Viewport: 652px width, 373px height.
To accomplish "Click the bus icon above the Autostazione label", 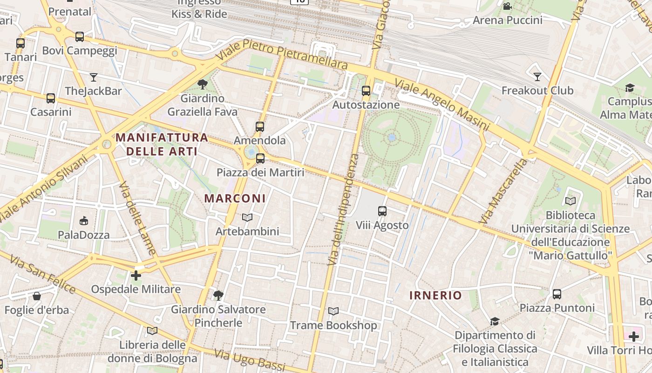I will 366,91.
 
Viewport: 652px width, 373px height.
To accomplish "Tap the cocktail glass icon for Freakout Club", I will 537,76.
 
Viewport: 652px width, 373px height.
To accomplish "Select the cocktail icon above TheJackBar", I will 94,77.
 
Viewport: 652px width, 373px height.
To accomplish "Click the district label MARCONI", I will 235,198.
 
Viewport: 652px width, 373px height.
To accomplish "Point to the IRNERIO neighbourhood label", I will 435,295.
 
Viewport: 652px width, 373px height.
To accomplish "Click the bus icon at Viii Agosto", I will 382,211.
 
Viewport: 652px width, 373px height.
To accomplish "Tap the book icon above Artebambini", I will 247,218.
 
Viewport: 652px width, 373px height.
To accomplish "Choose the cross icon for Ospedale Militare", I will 136,276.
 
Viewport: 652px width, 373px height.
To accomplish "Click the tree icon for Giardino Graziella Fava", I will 202,84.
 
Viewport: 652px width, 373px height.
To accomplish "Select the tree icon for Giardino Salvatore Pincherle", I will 217,295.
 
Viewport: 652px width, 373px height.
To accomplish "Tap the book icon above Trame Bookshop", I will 333,311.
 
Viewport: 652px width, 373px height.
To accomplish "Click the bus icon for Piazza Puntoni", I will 557,294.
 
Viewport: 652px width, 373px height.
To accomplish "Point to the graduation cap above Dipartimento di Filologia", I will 495,321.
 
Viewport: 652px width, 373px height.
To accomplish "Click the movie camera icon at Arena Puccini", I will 507,7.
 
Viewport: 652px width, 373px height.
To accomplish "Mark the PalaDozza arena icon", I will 84,221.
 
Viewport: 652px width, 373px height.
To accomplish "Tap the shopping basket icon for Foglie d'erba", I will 36,296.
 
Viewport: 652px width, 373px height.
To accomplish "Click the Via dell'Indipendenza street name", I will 343,210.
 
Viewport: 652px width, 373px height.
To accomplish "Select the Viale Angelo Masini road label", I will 442,105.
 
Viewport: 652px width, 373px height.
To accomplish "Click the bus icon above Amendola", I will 260,126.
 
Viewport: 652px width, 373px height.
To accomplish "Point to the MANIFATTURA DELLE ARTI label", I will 162,144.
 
